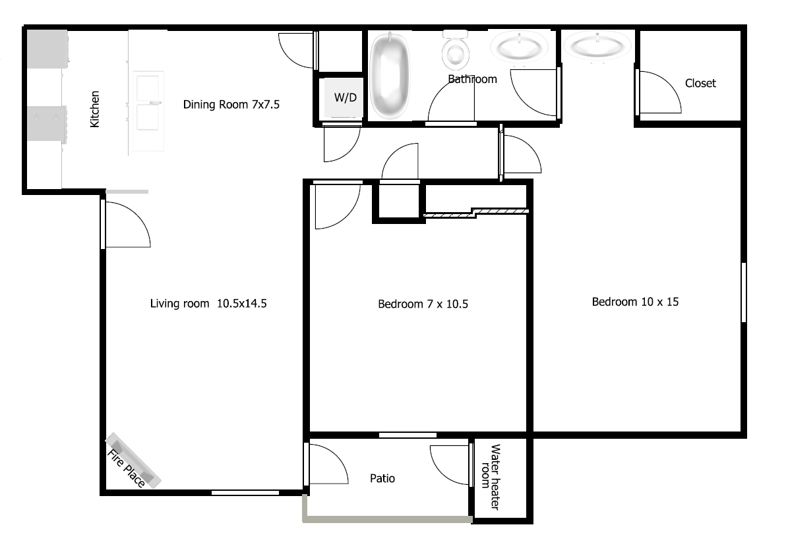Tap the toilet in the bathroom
click(x=455, y=51)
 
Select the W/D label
click(x=345, y=98)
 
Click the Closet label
click(x=700, y=83)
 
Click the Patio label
click(x=382, y=478)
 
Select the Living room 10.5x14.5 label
click(x=208, y=304)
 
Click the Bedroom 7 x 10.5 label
click(x=423, y=304)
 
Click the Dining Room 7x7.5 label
click(x=232, y=103)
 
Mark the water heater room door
click(x=452, y=464)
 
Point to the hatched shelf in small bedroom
click(x=476, y=212)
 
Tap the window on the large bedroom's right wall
click(x=743, y=293)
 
